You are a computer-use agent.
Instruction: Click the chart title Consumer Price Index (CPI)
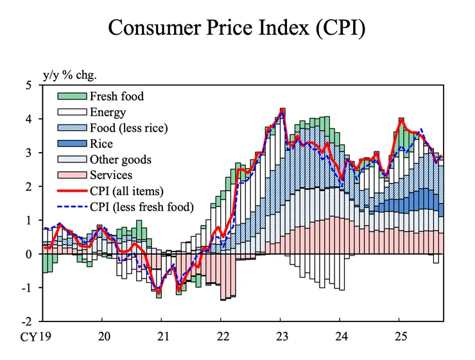pos(237,28)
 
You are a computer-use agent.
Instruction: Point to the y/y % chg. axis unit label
pos(69,74)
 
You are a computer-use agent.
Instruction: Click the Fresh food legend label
pos(117,97)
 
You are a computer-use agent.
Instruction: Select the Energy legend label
pos(107,113)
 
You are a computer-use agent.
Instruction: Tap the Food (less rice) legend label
pos(128,128)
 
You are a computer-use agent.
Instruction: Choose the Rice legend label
pos(101,144)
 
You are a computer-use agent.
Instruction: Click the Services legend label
pos(111,175)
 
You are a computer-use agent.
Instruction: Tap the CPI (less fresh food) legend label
pos(141,206)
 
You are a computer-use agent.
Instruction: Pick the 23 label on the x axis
pos(281,336)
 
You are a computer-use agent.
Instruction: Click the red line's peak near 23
pos(282,110)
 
